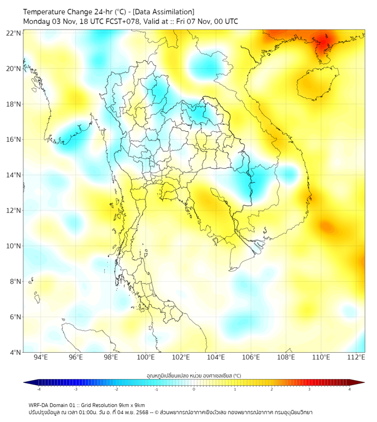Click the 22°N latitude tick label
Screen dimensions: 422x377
click(x=14, y=33)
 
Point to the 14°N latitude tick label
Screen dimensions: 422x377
click(x=14, y=175)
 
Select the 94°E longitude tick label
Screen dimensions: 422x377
click(x=41, y=358)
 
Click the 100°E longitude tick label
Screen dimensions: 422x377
click(x=146, y=358)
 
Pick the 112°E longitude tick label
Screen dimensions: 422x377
click(x=356, y=358)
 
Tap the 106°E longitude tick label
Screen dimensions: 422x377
click(x=252, y=358)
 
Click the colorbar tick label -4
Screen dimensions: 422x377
click(x=38, y=389)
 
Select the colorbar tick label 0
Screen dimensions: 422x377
click(x=194, y=389)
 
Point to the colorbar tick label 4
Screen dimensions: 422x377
click(x=349, y=389)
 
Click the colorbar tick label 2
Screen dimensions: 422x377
click(x=272, y=389)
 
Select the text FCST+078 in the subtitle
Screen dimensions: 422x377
click(x=121, y=21)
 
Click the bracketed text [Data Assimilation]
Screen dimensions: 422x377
click(x=163, y=12)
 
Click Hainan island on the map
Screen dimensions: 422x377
click(x=316, y=84)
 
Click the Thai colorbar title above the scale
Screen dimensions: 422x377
click(x=194, y=376)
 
